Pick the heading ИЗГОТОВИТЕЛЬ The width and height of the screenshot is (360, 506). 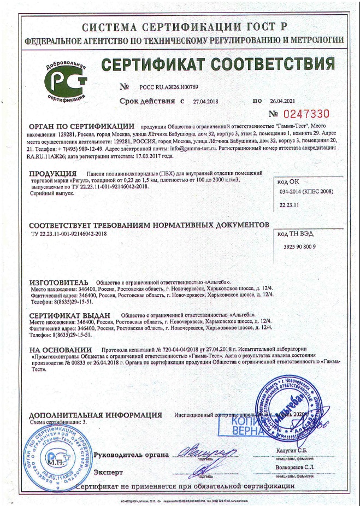coord(58,282)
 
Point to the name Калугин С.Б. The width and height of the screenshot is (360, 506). coord(295,450)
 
